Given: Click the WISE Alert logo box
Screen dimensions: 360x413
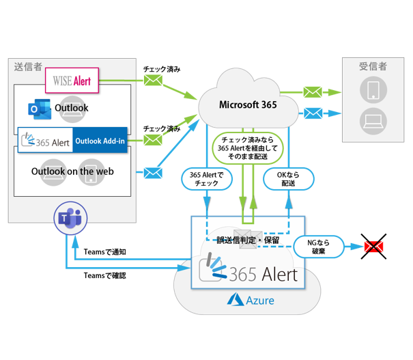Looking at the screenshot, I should (72, 81).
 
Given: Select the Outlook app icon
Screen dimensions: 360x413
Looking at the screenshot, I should (36, 108).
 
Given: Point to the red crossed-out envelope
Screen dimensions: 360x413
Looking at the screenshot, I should (373, 246).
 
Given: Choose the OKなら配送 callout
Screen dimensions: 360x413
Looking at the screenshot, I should (288, 179).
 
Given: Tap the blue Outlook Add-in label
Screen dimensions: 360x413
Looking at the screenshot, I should (98, 141).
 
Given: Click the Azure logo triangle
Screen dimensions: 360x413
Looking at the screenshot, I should (236, 299).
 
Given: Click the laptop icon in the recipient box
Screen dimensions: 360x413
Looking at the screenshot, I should (373, 120).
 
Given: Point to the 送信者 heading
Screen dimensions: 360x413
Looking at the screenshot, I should (28, 66).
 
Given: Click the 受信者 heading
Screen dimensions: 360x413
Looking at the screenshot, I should (373, 66).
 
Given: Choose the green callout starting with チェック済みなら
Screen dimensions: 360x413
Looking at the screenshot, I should (246, 144).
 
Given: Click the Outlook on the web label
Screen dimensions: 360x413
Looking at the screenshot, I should (72, 171).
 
